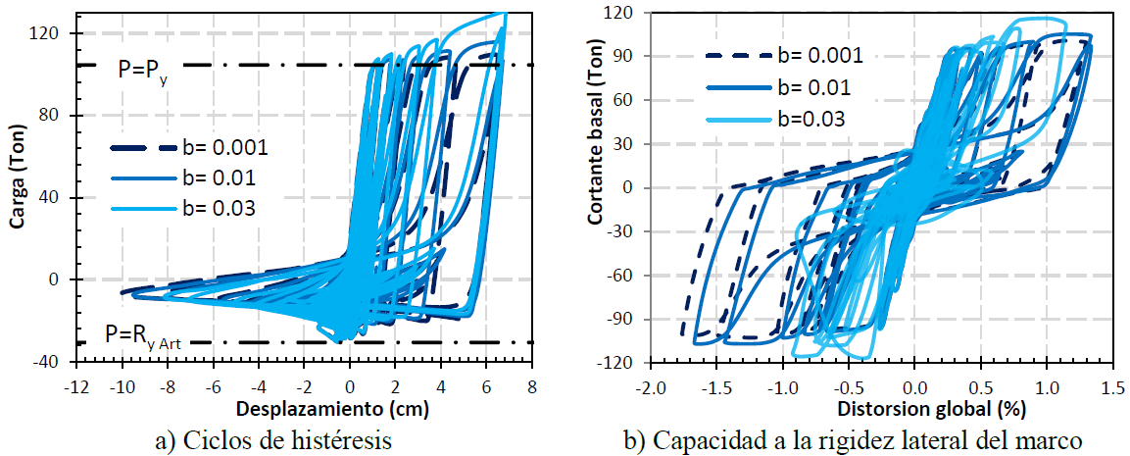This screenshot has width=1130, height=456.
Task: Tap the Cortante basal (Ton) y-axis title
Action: [595, 187]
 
